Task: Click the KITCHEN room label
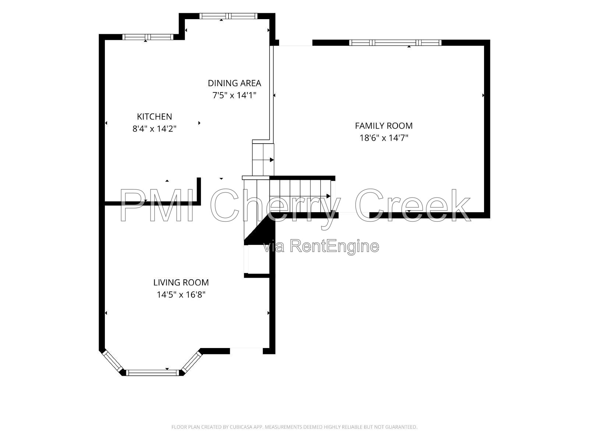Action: click(154, 116)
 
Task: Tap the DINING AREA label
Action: click(234, 83)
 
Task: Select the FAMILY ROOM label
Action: click(384, 126)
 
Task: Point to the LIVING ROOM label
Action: click(181, 282)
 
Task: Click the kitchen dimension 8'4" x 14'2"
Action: click(154, 129)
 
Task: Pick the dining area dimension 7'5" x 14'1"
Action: click(234, 95)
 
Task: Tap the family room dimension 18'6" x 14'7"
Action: click(384, 138)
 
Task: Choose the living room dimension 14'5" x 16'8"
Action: click(181, 295)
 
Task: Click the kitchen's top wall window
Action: click(148, 37)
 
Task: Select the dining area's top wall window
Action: click(228, 16)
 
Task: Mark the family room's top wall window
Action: click(395, 42)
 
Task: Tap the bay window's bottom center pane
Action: click(152, 372)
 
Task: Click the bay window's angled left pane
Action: click(113, 361)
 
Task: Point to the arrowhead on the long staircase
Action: click(328, 196)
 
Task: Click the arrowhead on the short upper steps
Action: click(272, 160)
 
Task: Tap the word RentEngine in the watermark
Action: click(334, 246)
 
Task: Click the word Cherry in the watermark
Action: click(276, 206)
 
